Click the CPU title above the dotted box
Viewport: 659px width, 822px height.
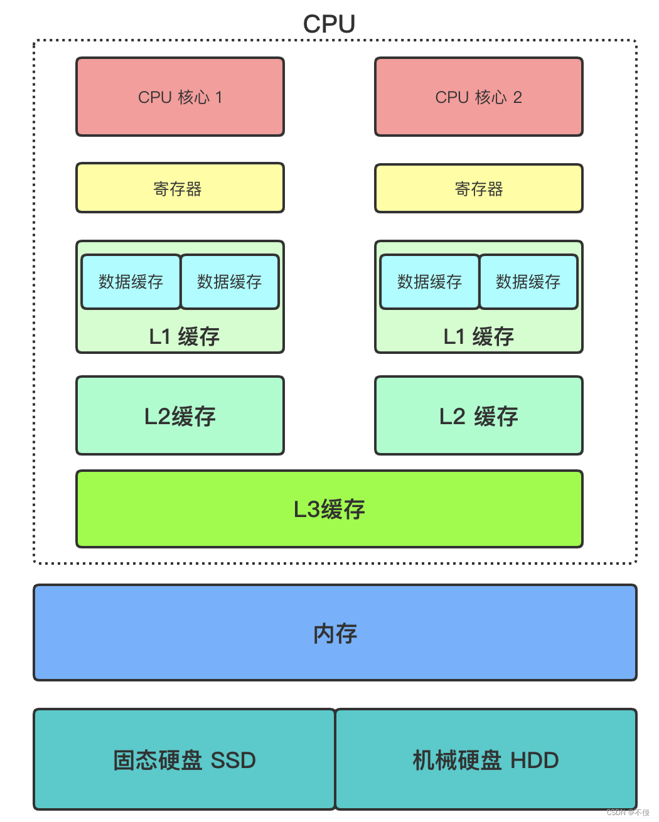(329, 24)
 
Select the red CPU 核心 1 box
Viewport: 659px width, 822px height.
(180, 97)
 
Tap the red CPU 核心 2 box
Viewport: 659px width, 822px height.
(478, 97)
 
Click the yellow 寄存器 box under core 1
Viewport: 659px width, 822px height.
(180, 188)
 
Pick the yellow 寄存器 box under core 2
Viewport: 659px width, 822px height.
(478, 189)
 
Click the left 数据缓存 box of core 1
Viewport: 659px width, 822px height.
(131, 282)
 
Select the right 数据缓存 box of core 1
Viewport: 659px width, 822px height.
(230, 282)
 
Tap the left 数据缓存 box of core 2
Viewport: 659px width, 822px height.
(429, 282)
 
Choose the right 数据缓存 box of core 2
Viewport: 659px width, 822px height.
(528, 282)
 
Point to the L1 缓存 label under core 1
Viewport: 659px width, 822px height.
(184, 337)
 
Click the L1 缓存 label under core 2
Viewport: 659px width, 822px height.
(478, 337)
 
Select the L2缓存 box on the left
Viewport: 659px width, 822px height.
(180, 415)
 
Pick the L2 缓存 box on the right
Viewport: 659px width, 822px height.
(478, 415)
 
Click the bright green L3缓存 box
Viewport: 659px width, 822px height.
(329, 509)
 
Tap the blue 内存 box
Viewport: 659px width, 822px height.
(335, 633)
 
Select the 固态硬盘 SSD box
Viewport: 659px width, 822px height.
(184, 759)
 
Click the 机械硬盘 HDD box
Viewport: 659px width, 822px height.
(485, 759)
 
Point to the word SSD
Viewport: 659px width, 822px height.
(233, 761)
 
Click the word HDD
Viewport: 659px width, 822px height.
(534, 761)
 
